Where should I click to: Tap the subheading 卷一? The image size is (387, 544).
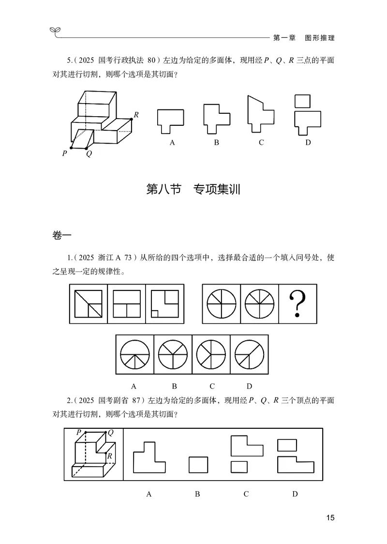tap(61, 235)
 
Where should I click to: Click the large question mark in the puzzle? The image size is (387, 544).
tap(298, 304)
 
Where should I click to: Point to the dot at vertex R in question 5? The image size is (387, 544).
tap(131, 119)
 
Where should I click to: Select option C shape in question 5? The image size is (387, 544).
tap(261, 114)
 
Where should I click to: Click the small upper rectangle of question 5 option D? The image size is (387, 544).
tap(303, 101)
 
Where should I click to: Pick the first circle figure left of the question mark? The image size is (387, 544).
tap(222, 304)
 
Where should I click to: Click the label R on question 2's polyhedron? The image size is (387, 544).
tap(110, 455)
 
